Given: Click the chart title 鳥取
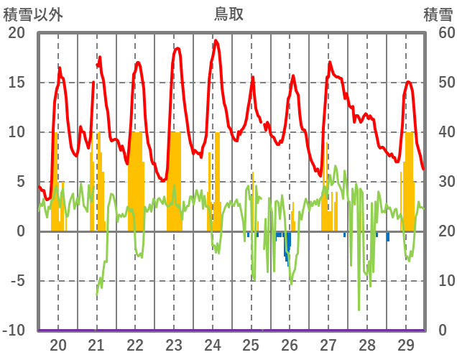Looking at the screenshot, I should (x=228, y=13).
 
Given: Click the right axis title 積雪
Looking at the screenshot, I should (x=438, y=13).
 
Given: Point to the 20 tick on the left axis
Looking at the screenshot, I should (x=16, y=33).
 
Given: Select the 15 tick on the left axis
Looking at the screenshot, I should (x=16, y=83).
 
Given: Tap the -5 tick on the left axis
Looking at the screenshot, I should (x=16, y=281).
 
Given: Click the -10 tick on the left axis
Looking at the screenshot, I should (x=14, y=331).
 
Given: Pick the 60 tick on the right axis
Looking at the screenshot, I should (x=438, y=33).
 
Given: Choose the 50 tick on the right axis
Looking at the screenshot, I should (x=438, y=83).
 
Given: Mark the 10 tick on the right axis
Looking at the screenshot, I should (x=438, y=281).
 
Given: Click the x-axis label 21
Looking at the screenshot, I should (x=97, y=345).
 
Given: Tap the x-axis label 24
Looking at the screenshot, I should (x=213, y=345).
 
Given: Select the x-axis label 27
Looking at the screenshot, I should (x=328, y=345).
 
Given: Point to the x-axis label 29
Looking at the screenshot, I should (x=405, y=345).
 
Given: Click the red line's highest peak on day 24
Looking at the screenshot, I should (x=216, y=41).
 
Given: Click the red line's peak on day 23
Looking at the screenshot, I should (x=177, y=48).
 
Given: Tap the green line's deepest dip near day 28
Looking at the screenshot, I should (x=359, y=309).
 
